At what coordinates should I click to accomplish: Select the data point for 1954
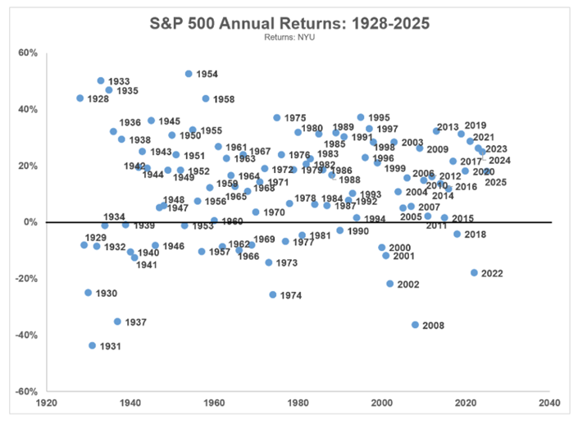pyautogui.click(x=189, y=74)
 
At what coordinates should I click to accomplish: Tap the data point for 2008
pyautogui.click(x=415, y=325)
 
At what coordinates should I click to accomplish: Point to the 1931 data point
pyautogui.click(x=93, y=345)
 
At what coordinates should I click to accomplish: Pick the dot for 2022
pyautogui.click(x=474, y=272)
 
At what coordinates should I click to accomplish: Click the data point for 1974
pyautogui.click(x=273, y=294)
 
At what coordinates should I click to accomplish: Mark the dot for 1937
pyautogui.click(x=117, y=321)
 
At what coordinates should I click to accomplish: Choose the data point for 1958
pyautogui.click(x=206, y=98)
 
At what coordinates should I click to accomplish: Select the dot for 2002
pyautogui.click(x=390, y=284)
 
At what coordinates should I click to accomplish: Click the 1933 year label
pyautogui.click(x=119, y=81)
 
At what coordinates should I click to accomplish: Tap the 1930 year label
pyautogui.click(x=107, y=293)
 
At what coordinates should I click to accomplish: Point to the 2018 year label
pyautogui.click(x=476, y=235)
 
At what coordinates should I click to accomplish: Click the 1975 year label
pyautogui.click(x=295, y=118)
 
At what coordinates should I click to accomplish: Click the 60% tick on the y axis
pyautogui.click(x=28, y=52)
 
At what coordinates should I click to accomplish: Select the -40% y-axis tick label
pyautogui.click(x=26, y=335)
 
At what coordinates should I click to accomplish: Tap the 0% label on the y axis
pyautogui.click(x=30, y=222)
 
